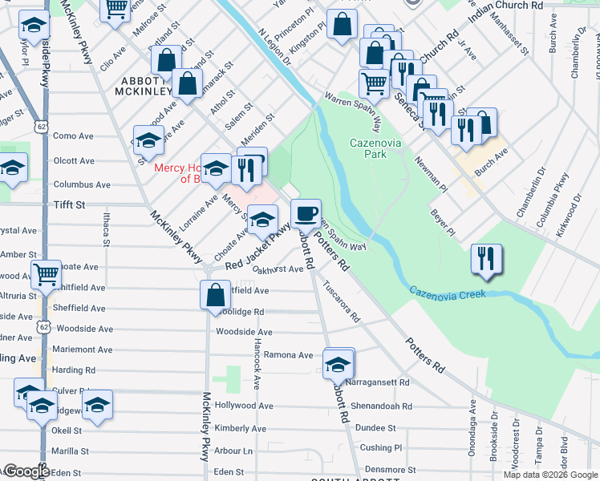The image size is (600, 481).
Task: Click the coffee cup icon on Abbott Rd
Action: point(306,214)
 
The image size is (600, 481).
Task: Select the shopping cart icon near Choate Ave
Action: point(46,274)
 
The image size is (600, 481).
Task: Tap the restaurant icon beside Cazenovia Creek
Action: point(486,258)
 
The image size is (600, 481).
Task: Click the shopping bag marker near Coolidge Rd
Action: point(215,294)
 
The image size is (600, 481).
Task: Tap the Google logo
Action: point(26,471)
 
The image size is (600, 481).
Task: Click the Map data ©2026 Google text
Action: point(550,475)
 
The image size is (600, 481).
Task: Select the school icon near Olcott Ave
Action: point(148,141)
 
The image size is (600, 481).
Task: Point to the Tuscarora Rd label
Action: point(342,298)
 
